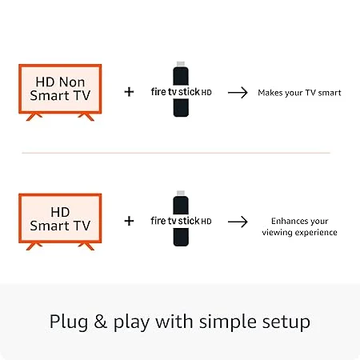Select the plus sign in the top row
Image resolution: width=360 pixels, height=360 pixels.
pyautogui.click(x=129, y=92)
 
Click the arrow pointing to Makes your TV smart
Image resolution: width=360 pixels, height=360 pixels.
pyautogui.click(x=238, y=92)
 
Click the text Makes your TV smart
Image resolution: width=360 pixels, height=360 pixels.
pyautogui.click(x=299, y=93)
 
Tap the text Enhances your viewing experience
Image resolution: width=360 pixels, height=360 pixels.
pyautogui.click(x=299, y=226)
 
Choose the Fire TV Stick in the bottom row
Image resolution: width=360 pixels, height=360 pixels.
pyautogui.click(x=181, y=220)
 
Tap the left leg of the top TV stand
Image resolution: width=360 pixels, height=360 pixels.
pyautogui.click(x=33, y=117)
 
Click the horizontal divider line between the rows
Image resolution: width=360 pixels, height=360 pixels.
pyautogui.click(x=175, y=152)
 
